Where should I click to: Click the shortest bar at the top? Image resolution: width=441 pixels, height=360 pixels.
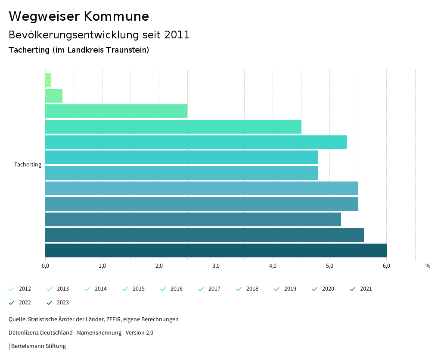tap(48, 80)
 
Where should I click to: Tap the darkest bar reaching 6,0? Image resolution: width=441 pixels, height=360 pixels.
tap(215, 250)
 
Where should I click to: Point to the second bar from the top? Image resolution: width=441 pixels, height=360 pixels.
tap(54, 96)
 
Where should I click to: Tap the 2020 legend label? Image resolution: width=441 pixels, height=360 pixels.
tap(328, 289)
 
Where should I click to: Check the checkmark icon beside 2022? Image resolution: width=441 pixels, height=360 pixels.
tap(12, 303)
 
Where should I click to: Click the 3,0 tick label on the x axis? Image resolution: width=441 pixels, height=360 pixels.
tap(216, 266)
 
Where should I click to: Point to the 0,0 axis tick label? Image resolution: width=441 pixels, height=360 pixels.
tap(45, 266)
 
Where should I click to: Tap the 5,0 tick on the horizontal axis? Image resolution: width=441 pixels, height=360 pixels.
tap(329, 266)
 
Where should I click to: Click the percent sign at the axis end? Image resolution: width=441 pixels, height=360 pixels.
tap(428, 266)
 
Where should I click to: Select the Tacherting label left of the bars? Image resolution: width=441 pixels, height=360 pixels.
tap(28, 165)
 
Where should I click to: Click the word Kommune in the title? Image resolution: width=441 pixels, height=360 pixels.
tap(116, 16)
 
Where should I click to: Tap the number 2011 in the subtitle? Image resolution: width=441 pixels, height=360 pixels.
tap(177, 35)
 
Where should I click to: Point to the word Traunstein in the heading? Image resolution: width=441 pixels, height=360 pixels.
tap(129, 50)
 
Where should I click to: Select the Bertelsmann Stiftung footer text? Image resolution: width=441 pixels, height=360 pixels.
tap(38, 346)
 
